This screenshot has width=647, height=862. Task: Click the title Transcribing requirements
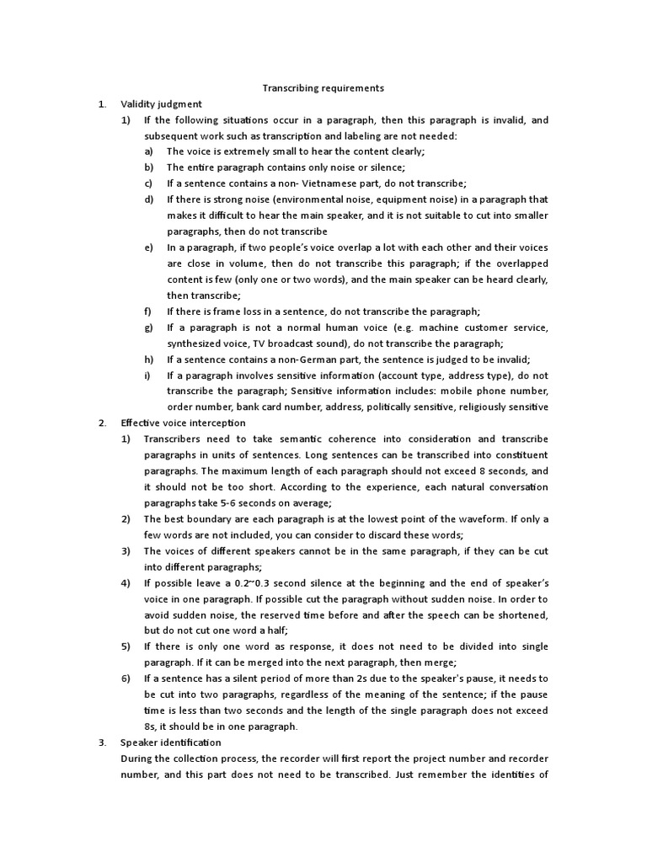pos(323,88)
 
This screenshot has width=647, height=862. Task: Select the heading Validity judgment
pos(161,104)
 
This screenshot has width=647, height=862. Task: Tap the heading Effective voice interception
pos(183,423)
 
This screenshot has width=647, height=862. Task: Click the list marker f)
pos(148,311)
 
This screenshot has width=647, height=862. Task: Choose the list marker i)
pos(147,375)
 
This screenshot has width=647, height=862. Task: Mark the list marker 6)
pos(126,678)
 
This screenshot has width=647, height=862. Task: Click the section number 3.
pos(101,742)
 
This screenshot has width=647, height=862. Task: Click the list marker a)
pos(148,152)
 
